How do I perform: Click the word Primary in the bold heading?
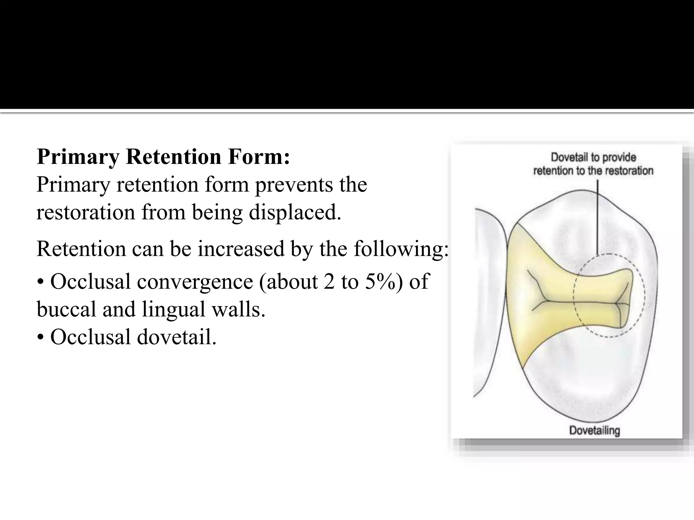pos(78,157)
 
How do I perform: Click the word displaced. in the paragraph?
pos(295,213)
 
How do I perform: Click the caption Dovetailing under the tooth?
pos(594,431)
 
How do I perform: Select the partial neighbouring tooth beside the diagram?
pos(488,301)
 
